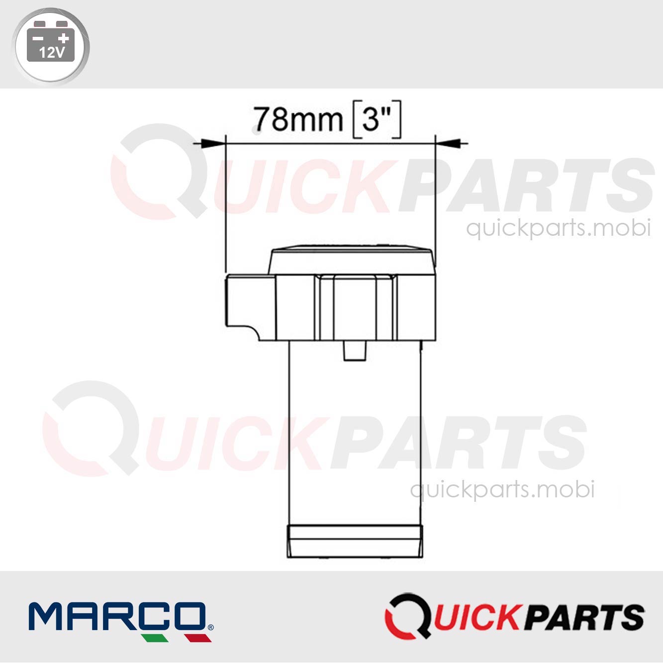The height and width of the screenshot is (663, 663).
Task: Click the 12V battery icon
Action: click(x=50, y=45)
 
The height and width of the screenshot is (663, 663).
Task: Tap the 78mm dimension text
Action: click(x=297, y=120)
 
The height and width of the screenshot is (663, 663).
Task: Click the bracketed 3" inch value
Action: click(x=376, y=120)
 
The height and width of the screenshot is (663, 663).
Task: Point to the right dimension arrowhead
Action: click(x=447, y=144)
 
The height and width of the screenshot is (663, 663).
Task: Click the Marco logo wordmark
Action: click(x=117, y=616)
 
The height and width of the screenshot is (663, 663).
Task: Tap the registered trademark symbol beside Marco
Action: click(x=210, y=627)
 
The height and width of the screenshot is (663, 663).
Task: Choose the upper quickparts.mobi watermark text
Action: click(x=558, y=228)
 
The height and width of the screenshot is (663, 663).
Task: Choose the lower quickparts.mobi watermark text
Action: click(x=502, y=489)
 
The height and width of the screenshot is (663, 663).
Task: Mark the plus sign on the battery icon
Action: click(x=63, y=38)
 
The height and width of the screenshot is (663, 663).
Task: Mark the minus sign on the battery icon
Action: click(x=38, y=38)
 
